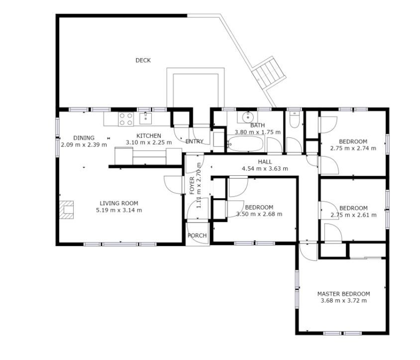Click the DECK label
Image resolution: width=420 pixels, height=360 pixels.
[143, 60]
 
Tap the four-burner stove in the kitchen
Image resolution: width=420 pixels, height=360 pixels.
[126, 120]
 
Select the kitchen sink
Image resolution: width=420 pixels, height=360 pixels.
[145, 119]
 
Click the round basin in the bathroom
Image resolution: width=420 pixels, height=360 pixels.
[248, 117]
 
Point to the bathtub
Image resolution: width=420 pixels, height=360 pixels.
[245, 144]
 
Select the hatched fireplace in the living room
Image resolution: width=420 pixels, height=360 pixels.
[66, 210]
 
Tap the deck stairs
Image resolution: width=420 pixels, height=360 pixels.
[269, 73]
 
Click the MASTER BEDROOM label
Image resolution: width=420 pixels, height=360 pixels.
[344, 294]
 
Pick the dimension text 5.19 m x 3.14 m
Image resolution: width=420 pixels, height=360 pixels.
[119, 210]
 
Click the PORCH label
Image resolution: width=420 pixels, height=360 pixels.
[197, 236]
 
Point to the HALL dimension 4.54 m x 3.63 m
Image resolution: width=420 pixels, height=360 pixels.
[265, 169]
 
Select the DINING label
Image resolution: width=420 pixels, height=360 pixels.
[84, 138]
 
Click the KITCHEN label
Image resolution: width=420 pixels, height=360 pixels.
[149, 136]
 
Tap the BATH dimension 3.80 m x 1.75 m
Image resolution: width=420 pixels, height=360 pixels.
[258, 132]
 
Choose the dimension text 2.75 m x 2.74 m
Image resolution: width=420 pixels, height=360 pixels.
[353, 148]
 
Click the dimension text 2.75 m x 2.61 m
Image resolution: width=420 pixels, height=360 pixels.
[354, 215]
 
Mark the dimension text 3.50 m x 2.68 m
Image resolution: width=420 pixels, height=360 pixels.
[259, 214]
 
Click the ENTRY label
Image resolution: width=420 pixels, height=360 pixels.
[195, 141]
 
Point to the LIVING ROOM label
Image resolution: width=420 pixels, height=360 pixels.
[119, 204]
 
